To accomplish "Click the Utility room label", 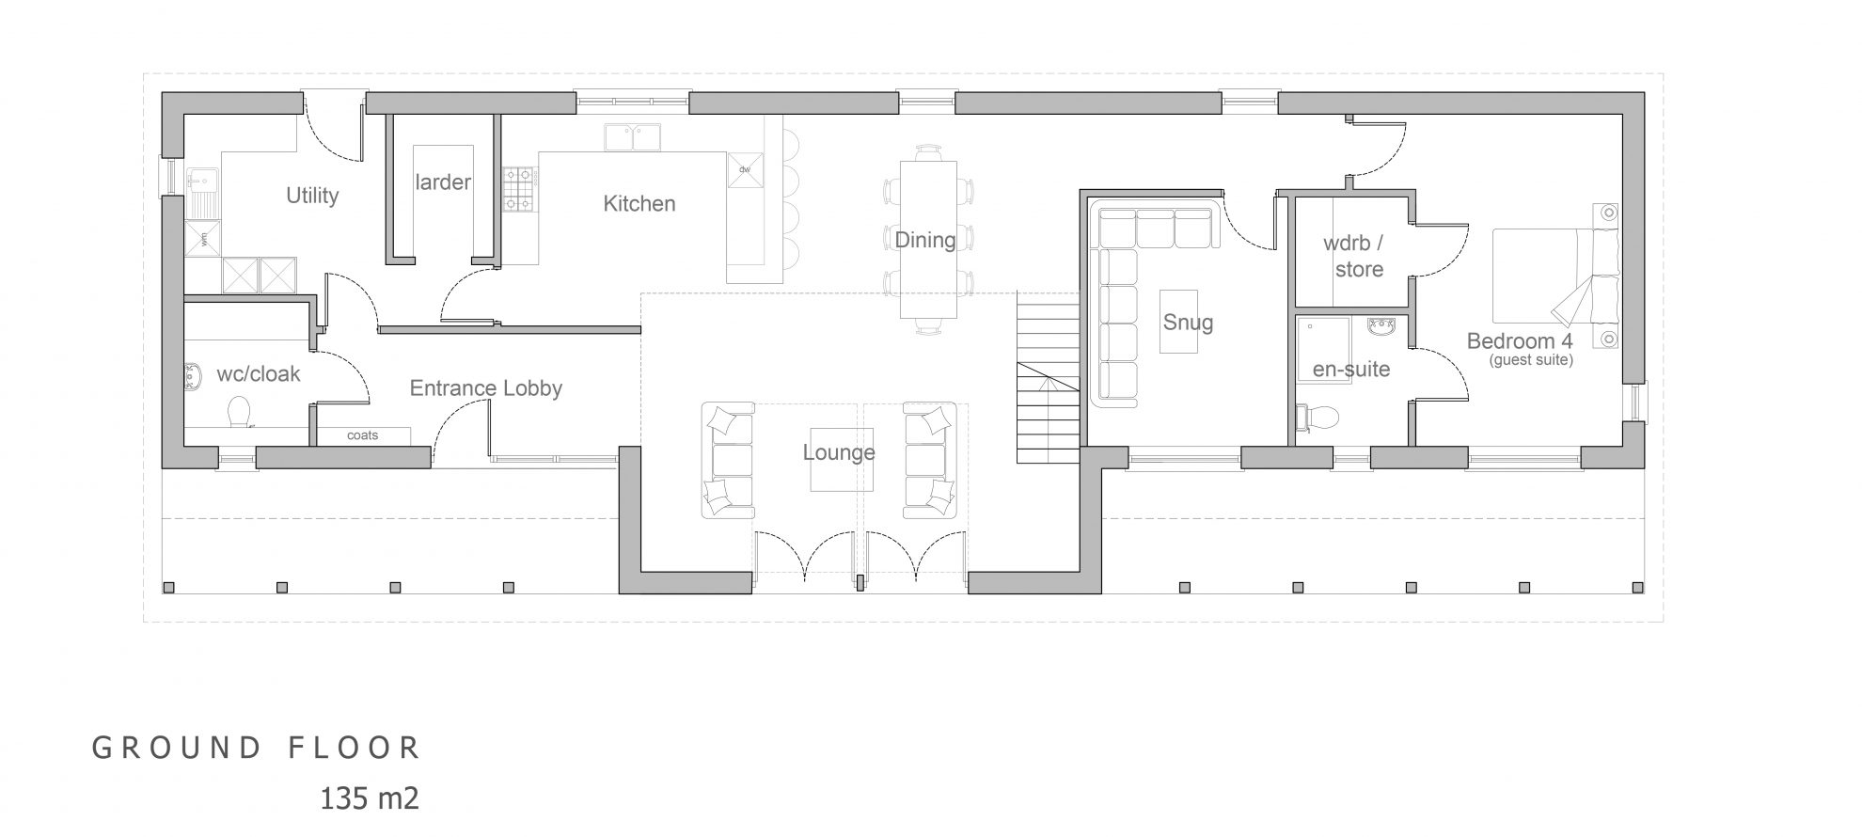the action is coord(312,196).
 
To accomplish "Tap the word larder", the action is coord(443,182).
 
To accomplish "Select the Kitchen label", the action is coord(639,203).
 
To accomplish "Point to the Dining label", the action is coord(925,241).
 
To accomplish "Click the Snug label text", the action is coord(1188,323).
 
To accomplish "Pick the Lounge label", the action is coord(839,453).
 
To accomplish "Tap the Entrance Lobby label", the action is coord(486,388).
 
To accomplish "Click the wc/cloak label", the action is coord(259,374).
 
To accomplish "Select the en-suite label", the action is coord(1351,370).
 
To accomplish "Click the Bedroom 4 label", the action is coord(1520,341).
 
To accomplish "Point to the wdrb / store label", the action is coord(1354,256).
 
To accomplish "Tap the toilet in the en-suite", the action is coord(1318,418).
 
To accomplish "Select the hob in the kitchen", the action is coord(518,188).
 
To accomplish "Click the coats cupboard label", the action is coord(362,435).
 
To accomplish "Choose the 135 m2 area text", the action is coord(370,798).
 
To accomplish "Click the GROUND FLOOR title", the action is coord(256,748).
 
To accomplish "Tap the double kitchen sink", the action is coord(632,137).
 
